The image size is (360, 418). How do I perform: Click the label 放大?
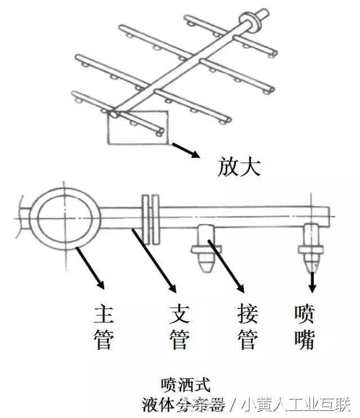click(238, 167)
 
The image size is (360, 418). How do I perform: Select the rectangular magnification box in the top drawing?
click(137, 128)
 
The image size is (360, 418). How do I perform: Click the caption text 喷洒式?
click(185, 385)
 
